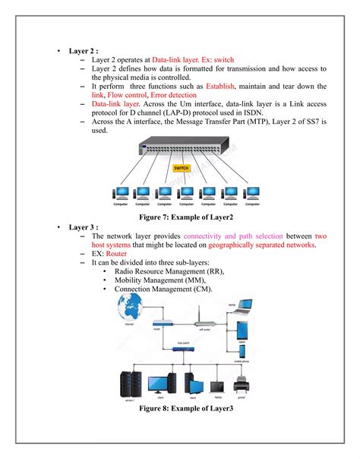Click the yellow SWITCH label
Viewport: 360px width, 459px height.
181,168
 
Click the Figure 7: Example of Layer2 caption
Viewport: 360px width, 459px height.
180,217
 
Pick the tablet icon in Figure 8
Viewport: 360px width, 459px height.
242,331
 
